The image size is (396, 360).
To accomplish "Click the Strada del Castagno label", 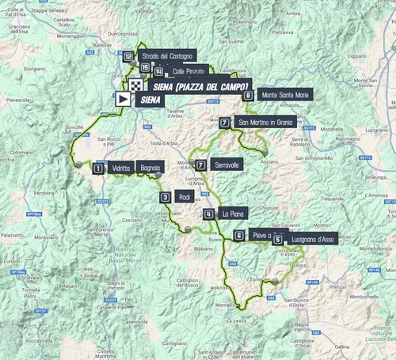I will pos(166,56).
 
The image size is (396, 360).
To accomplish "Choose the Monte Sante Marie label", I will pos(284,94).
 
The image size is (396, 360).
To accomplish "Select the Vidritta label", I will pos(121,169).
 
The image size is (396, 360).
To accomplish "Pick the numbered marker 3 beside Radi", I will pos(165,198).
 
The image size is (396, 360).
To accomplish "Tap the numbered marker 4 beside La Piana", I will pos(208,214).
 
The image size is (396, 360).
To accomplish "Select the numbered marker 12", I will pos(128,56).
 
